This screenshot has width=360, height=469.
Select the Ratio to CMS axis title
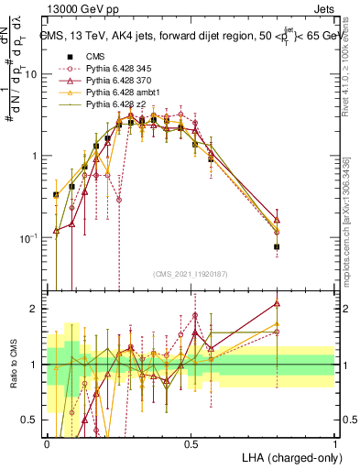point(12,365)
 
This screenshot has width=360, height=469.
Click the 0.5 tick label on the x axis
point(191,442)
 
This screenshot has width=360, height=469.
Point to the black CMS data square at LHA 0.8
point(277,247)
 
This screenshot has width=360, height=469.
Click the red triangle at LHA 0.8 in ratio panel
point(277,303)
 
